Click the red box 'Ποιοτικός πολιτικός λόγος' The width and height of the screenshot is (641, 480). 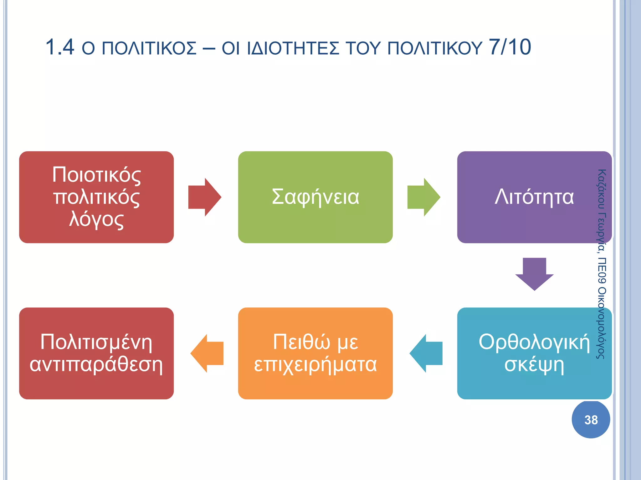96,197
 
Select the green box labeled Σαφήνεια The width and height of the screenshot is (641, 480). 315,197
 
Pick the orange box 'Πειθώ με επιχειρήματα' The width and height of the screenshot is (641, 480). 315,353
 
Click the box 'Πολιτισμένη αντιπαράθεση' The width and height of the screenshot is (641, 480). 96,353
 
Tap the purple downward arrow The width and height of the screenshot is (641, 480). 534,273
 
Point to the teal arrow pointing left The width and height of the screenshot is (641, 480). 426,353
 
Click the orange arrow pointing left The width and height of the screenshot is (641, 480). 207,353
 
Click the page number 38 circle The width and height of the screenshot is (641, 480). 591,420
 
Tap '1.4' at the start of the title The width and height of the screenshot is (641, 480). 60,47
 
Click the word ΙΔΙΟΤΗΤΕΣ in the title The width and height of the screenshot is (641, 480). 293,48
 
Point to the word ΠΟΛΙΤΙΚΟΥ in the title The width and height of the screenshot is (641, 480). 435,48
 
